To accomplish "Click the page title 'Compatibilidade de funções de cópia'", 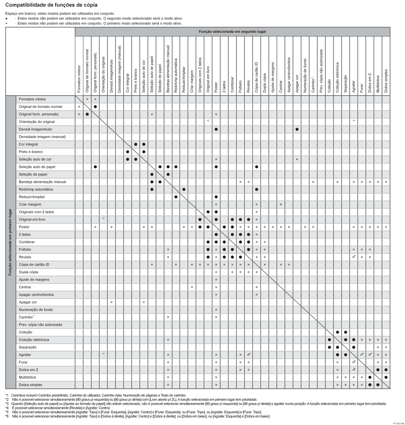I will click(x=52, y=5).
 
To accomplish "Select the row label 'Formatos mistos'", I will click(x=32, y=99).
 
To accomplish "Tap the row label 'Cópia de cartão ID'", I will click(x=34, y=264).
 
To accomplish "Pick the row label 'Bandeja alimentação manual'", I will click(x=42, y=182).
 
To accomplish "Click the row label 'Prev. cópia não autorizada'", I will click(x=40, y=325).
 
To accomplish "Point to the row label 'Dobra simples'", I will click(x=30, y=385).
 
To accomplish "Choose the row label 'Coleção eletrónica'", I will click(x=34, y=340).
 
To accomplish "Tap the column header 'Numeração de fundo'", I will click(x=305, y=75).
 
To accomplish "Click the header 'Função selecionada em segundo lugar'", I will click(x=232, y=31).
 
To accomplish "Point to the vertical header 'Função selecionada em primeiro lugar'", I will click(x=10, y=242).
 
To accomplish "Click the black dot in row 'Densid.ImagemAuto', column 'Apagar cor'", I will click(x=297, y=129).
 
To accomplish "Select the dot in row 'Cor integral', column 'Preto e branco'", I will click(x=135, y=144).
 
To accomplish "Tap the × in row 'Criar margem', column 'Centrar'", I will click(x=281, y=204).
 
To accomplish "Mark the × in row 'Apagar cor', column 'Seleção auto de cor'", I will click(x=143, y=302).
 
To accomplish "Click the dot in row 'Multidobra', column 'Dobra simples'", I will click(x=386, y=377).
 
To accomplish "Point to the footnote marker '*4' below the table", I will click(x=7, y=408).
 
